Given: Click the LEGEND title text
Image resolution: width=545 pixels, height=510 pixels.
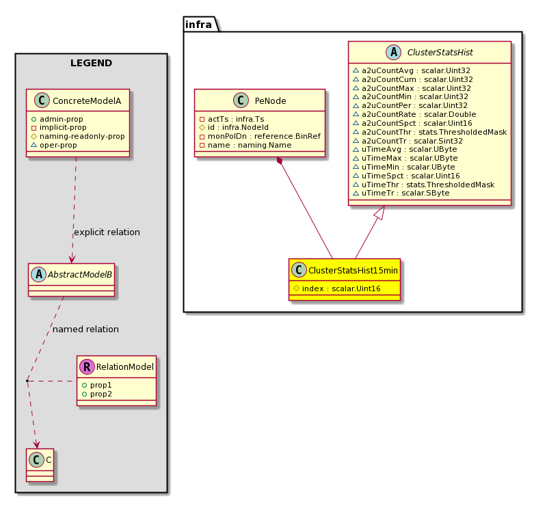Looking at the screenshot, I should click(91, 64).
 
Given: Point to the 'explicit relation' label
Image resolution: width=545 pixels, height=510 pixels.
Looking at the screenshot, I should click(107, 232).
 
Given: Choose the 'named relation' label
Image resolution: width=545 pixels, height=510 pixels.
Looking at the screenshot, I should click(85, 330).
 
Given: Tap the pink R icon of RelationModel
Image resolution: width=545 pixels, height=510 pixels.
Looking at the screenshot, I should click(88, 366).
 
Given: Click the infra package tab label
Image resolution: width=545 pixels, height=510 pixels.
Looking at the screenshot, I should click(198, 25).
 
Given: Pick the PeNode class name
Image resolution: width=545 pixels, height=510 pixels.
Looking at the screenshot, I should click(270, 100).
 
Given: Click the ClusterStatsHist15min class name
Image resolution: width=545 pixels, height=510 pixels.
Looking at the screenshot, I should click(354, 271).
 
